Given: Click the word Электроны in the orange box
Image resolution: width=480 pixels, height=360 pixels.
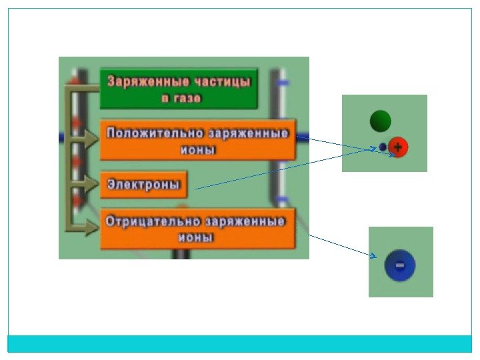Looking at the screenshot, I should click(144, 185).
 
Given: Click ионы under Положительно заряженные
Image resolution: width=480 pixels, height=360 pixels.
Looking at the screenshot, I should click(198, 150).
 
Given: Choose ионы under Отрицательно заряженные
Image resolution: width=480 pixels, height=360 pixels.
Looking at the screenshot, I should click(195, 237).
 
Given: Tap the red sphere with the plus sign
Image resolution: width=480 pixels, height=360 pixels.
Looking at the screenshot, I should click(398, 147).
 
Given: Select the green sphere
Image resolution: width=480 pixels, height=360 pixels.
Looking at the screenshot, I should click(381, 121).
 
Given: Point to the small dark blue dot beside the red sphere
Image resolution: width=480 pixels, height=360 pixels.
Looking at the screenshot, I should click(383, 147).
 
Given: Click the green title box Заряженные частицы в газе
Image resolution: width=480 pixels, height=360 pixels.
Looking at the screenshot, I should click(179, 89).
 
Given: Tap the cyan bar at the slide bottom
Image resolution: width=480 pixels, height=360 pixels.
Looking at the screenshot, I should click(240, 343).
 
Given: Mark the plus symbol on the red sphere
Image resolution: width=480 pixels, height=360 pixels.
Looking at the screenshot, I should click(398, 147).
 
